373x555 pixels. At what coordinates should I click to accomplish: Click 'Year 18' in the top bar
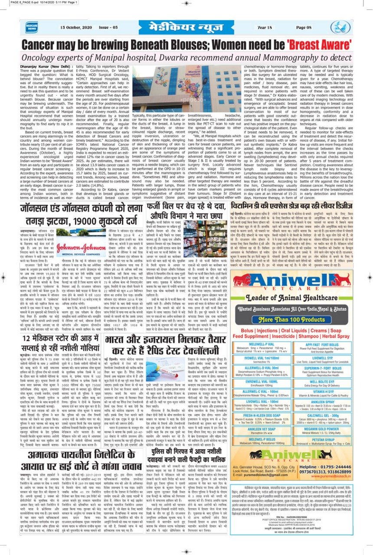[265, 27]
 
